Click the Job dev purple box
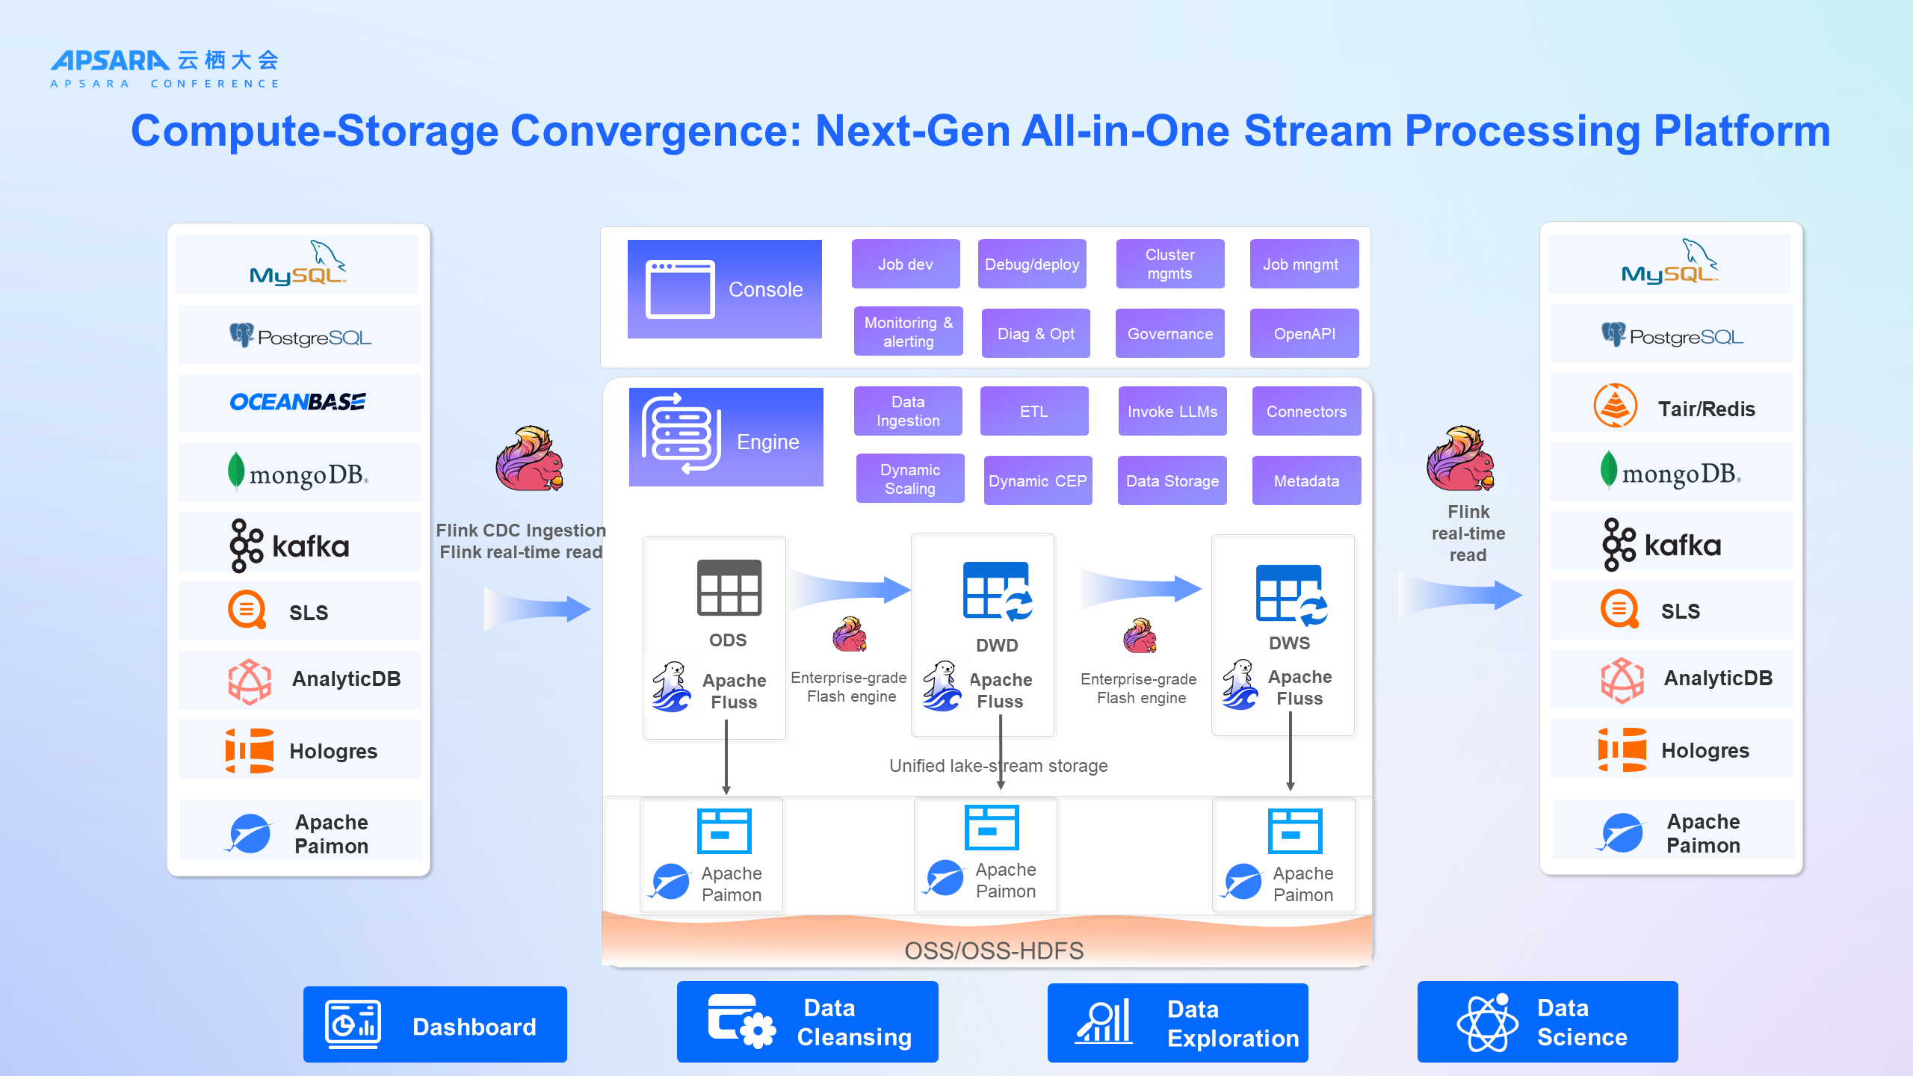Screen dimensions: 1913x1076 pyautogui.click(x=906, y=264)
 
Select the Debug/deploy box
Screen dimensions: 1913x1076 pyautogui.click(x=1032, y=264)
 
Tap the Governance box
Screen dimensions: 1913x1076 pyautogui.click(x=1170, y=333)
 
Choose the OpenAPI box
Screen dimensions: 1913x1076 pyautogui.click(x=1305, y=333)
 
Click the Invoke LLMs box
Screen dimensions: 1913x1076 pyautogui.click(x=1172, y=411)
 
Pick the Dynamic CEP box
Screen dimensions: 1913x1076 pyautogui.click(x=1038, y=480)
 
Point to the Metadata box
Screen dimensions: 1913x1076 pyautogui.click(x=1307, y=480)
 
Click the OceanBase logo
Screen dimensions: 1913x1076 pyautogui.click(x=298, y=402)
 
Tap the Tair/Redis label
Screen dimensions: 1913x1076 pyautogui.click(x=1707, y=409)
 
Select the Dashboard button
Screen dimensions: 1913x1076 pyautogui.click(x=435, y=1024)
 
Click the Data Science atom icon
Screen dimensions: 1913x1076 pyautogui.click(x=1488, y=1022)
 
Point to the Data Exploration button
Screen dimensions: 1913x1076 pyautogui.click(x=1178, y=1023)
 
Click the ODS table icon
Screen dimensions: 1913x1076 pyautogui.click(x=729, y=587)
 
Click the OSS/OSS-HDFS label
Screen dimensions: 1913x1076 pyautogui.click(x=994, y=950)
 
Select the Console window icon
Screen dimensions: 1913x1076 pyautogui.click(x=680, y=289)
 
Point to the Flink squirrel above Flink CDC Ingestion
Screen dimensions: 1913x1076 pyautogui.click(x=530, y=458)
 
